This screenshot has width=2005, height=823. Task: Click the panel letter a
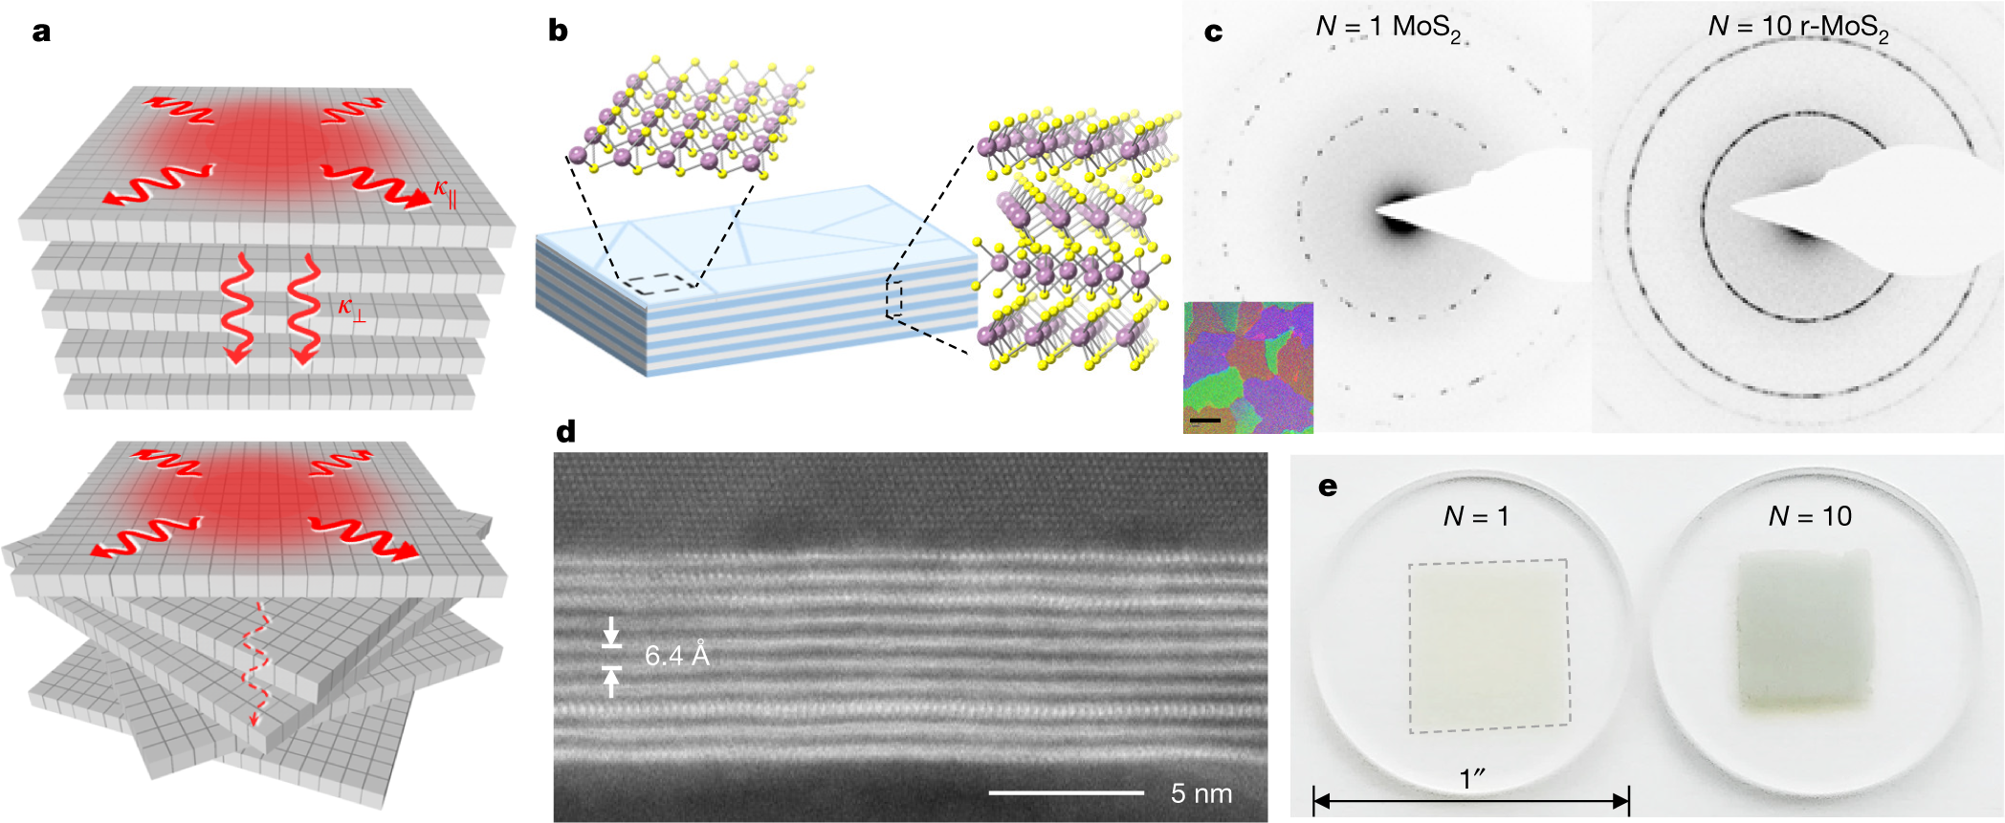(41, 32)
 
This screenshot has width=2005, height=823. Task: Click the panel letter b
(558, 32)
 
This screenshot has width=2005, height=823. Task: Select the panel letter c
(1213, 32)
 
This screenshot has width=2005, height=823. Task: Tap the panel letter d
(565, 432)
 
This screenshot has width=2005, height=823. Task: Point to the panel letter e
(1328, 487)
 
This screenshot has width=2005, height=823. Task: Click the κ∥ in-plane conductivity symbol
(445, 189)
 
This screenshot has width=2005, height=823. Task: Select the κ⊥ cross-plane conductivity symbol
(351, 309)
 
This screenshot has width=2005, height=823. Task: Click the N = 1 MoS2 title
(1388, 29)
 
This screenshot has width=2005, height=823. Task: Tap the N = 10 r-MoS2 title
(1798, 29)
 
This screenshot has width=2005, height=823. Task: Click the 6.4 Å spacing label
(676, 655)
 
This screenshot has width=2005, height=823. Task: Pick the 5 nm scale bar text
(1201, 793)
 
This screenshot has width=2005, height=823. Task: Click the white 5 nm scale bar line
(1066, 792)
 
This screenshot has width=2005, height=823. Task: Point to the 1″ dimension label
(1472, 779)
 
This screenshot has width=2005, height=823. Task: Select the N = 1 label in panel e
(1476, 516)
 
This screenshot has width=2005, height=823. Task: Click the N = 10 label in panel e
(1810, 516)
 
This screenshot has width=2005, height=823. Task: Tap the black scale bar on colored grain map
(1205, 420)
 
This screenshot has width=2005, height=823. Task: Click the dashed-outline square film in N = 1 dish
(1488, 646)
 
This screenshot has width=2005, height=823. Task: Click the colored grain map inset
(1248, 368)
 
